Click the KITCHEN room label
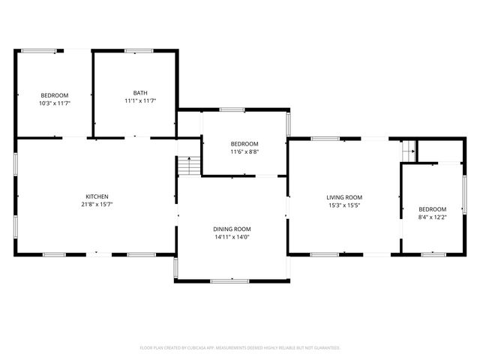97,196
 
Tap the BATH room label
140,93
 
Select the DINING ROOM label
232,229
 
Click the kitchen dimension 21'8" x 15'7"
97,204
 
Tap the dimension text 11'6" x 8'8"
244,151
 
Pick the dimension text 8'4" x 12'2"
432,217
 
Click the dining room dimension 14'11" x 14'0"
232,237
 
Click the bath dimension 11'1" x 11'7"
140,100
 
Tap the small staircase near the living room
409,151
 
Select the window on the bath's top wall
139,51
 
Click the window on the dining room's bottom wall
229,281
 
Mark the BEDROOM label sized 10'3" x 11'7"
54,95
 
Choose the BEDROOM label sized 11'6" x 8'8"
244,144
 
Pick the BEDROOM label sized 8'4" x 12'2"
432,209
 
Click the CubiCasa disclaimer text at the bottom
240,348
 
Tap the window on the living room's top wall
324,138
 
